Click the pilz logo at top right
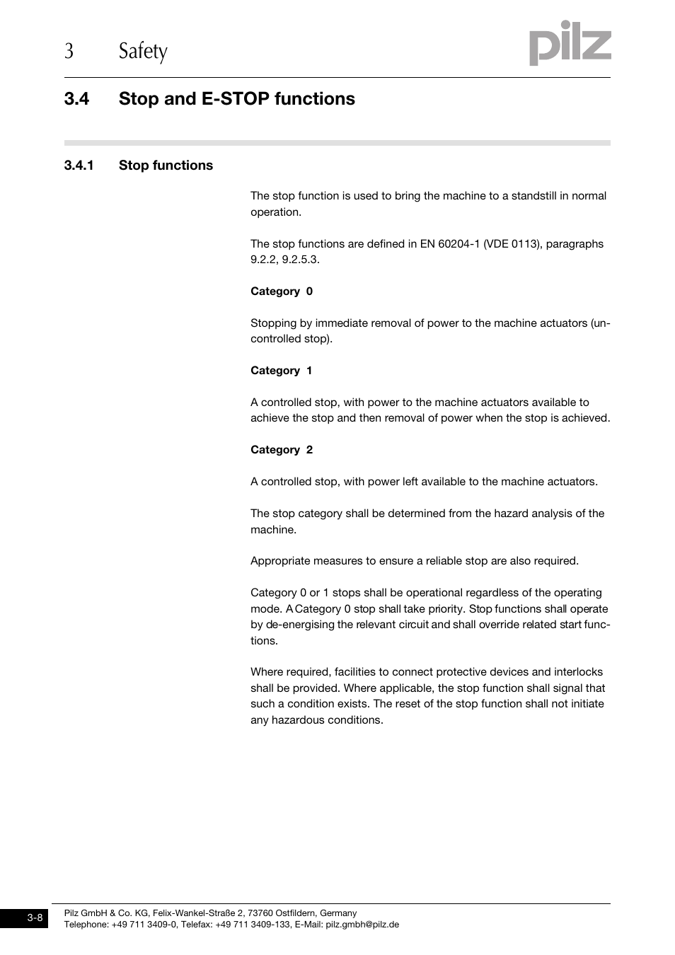570,44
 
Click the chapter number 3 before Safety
69,52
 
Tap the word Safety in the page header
143,52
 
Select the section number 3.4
76,99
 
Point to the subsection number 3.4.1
79,166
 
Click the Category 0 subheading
281,291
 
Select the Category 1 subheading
281,371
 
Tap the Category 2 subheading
281,450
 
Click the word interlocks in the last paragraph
578,672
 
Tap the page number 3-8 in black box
35,918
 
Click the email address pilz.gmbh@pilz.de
362,925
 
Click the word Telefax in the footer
196,925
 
